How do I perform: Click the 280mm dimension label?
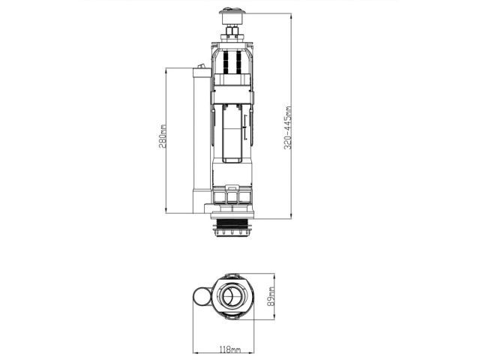[163, 136]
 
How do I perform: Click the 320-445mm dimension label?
[288, 127]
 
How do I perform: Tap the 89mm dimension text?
[271, 296]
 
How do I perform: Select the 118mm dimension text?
[230, 349]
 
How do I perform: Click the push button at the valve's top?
[232, 16]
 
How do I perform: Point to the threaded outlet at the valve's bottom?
[232, 227]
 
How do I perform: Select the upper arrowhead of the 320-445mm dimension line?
[291, 16]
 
